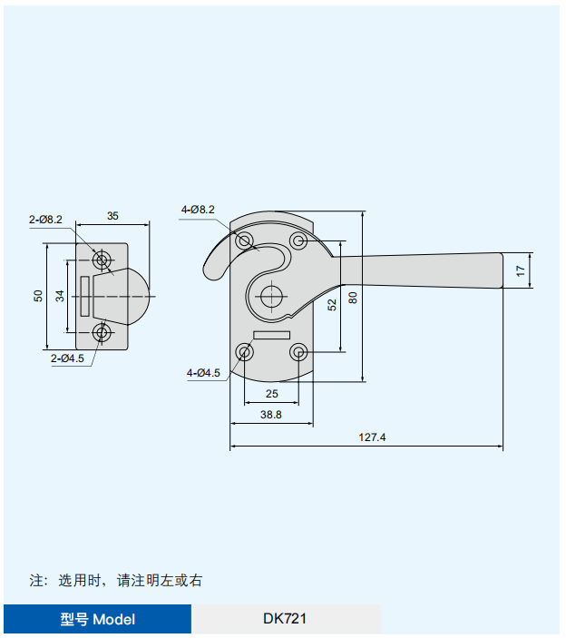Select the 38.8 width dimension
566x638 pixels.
coord(271,415)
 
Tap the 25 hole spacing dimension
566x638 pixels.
coord(271,393)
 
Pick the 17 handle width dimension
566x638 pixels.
coord(520,270)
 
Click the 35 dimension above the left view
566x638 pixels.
coord(112,216)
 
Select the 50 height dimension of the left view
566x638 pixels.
coord(38,296)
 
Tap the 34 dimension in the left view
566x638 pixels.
coord(59,296)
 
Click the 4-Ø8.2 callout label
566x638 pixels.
coord(198,210)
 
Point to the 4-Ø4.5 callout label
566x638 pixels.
coord(203,372)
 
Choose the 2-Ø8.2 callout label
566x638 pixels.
coord(45,219)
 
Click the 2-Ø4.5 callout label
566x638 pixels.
coord(67,358)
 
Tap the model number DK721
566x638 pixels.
coord(285,619)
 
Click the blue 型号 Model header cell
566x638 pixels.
coord(98,619)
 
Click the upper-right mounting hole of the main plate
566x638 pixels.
coord(298,240)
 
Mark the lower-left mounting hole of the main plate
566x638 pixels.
coord(244,353)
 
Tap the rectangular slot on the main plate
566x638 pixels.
coord(271,335)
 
